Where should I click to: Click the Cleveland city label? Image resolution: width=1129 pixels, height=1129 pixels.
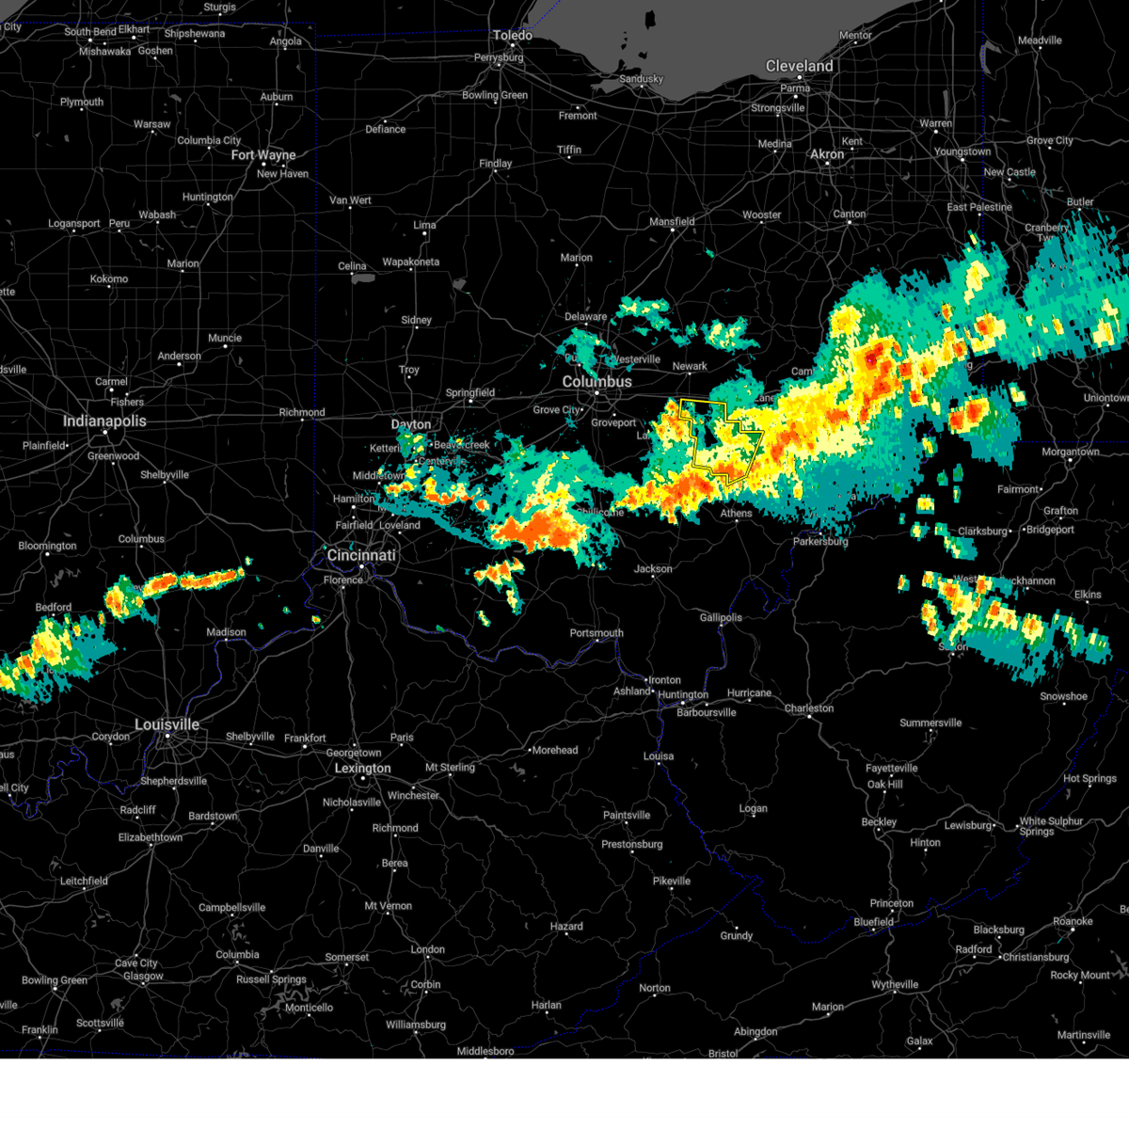(x=799, y=66)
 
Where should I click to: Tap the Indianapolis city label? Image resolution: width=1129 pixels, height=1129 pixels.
(x=104, y=421)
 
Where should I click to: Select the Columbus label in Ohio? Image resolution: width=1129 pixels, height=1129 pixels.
(x=596, y=382)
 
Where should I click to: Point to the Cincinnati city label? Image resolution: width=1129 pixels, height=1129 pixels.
(x=361, y=555)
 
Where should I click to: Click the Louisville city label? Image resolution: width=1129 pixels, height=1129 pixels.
(x=167, y=724)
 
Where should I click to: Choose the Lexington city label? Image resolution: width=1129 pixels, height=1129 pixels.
(x=362, y=768)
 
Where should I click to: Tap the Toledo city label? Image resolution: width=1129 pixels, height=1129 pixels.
(x=513, y=36)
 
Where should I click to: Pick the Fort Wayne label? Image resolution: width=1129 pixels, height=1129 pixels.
(x=263, y=155)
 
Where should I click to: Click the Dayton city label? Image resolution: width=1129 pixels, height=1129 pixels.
(x=411, y=424)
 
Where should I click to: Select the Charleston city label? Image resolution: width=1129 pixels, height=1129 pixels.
(x=809, y=708)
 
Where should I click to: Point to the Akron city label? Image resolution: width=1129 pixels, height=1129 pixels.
(x=827, y=154)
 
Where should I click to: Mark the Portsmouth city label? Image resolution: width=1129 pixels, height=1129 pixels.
(x=596, y=633)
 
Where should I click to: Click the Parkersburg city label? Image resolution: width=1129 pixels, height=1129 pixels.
(x=820, y=541)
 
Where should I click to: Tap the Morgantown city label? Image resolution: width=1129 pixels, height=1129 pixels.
(x=1070, y=452)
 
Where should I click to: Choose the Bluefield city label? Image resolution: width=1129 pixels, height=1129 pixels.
(x=873, y=922)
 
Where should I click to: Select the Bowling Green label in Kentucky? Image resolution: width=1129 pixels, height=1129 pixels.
(x=55, y=980)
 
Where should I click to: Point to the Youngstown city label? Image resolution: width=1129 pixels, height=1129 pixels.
(x=962, y=151)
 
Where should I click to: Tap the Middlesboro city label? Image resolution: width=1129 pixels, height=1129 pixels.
(x=485, y=1051)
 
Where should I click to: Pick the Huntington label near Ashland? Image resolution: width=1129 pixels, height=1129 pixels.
(x=683, y=695)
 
